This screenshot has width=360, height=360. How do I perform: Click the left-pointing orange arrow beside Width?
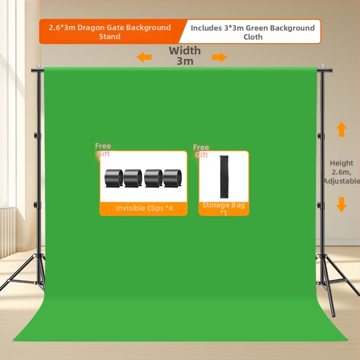click(x=144, y=57)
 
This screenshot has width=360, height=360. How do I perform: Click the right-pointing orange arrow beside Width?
click(x=219, y=57)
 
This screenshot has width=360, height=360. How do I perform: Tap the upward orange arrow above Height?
click(x=342, y=129)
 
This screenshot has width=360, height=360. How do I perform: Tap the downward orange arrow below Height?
click(x=342, y=204)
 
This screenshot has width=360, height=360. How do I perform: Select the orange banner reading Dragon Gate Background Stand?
click(x=110, y=32)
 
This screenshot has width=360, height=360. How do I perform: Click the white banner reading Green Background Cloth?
click(x=252, y=32)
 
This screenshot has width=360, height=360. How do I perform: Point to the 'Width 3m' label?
click(x=185, y=56)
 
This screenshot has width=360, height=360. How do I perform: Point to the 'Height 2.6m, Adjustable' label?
click(x=342, y=172)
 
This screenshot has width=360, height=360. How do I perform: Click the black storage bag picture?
click(x=224, y=176)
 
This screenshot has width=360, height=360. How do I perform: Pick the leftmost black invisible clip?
click(x=113, y=178)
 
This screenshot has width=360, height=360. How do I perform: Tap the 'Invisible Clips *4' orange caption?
click(x=144, y=208)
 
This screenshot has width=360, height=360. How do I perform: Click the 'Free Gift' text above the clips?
click(x=103, y=150)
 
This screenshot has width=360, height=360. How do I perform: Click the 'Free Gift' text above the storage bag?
click(x=201, y=151)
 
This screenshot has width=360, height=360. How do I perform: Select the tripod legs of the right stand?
click(x=328, y=279)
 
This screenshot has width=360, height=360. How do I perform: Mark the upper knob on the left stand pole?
click(x=37, y=135)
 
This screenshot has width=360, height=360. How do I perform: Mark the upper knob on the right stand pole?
click(x=321, y=135)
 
